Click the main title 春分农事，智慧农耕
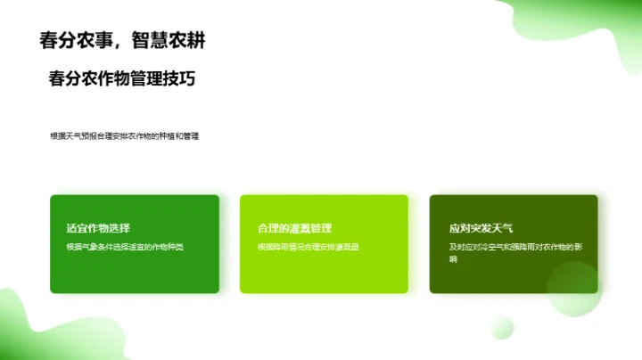coord(127,41)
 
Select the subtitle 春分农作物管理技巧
coord(122,78)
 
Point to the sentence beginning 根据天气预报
coord(125,136)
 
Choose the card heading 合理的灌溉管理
coord(294,228)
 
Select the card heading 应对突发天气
coord(481,228)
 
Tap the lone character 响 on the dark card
coord(453,259)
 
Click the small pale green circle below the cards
coord(502,326)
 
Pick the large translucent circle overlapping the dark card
coord(574,288)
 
